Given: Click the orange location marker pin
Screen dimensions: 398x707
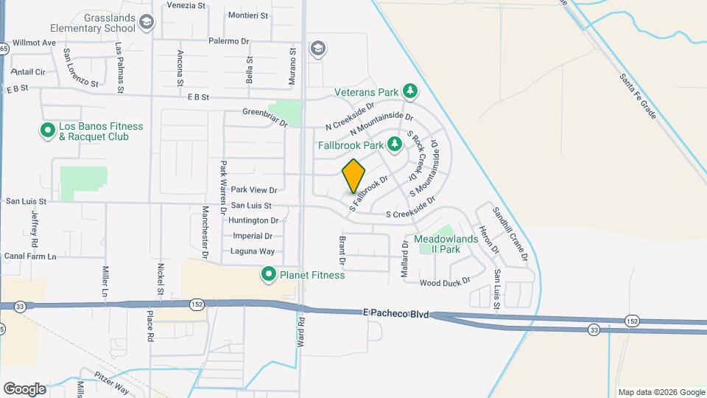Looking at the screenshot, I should [353, 176].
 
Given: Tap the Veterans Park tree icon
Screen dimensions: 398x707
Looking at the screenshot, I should [410, 92].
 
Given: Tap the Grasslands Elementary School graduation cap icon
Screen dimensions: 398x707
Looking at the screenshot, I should [147, 23].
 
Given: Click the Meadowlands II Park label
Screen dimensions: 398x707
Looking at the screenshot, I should [446, 244].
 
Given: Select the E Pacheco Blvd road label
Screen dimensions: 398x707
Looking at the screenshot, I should [396, 313].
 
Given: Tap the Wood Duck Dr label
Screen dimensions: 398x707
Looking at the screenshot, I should [445, 283].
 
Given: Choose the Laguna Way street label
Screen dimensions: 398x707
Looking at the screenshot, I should [253, 251].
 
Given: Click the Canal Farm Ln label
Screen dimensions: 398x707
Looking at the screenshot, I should [30, 256].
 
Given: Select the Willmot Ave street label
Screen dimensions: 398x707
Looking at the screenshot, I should [33, 43].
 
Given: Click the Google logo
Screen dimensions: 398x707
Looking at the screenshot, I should [25, 388].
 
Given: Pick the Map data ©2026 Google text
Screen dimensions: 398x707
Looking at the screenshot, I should [661, 392].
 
